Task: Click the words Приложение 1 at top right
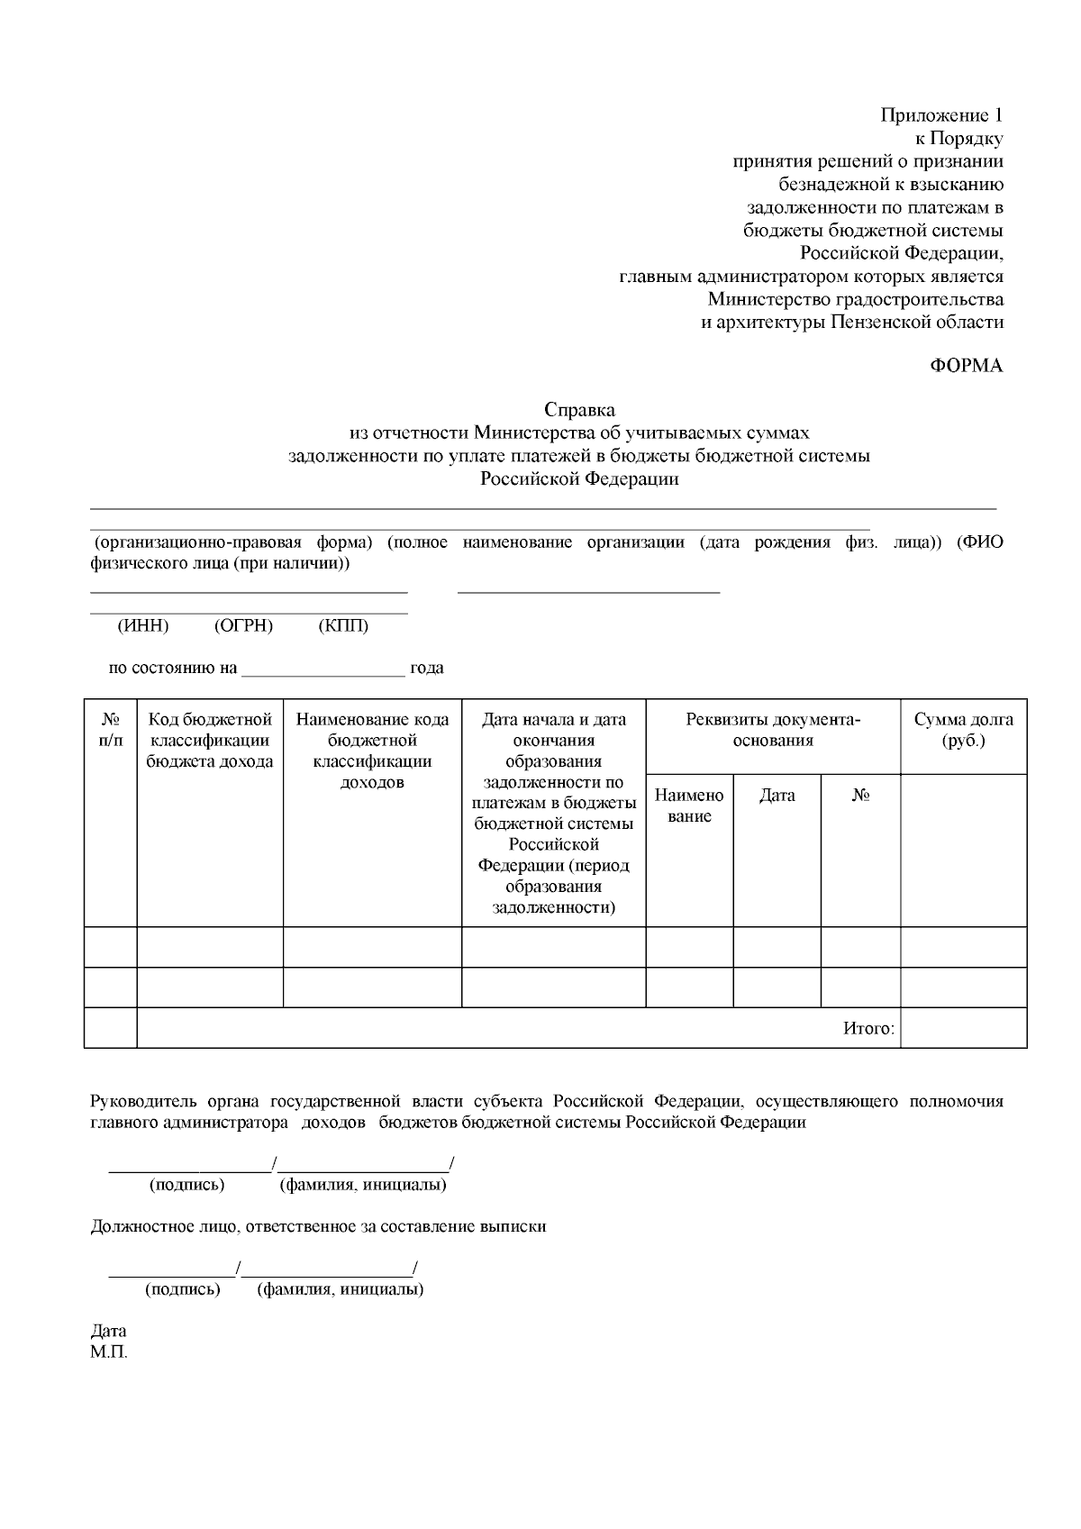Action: [940, 115]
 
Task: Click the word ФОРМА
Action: [966, 366]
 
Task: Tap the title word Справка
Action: [579, 410]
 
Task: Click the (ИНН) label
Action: [143, 626]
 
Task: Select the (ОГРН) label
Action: [243, 626]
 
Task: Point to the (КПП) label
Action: [343, 626]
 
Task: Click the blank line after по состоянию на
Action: [323, 669]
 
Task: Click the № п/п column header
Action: [111, 730]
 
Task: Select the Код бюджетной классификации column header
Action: [210, 740]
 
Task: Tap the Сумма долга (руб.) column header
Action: [963, 730]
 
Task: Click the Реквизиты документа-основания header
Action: [773, 730]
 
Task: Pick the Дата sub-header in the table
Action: [777, 796]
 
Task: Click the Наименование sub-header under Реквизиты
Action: [689, 805]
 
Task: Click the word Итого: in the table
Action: [868, 1028]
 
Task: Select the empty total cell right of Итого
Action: [963, 1028]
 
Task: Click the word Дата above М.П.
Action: [109, 1331]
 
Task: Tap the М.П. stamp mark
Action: [109, 1353]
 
